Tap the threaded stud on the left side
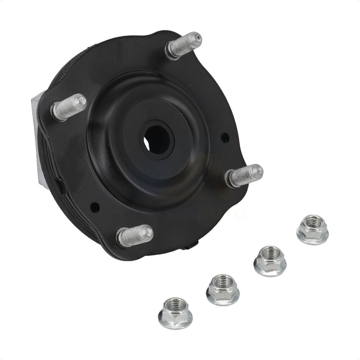(x=68, y=107)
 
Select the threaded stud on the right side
(x=243, y=176)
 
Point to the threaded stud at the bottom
(x=134, y=236)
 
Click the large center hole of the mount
(x=157, y=140)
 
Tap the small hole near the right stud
(x=225, y=138)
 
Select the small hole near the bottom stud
(x=95, y=207)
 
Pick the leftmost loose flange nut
(x=175, y=313)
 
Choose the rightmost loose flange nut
(x=312, y=230)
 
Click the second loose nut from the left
(x=223, y=289)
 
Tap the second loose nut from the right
(x=270, y=261)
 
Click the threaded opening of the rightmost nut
(x=313, y=221)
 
